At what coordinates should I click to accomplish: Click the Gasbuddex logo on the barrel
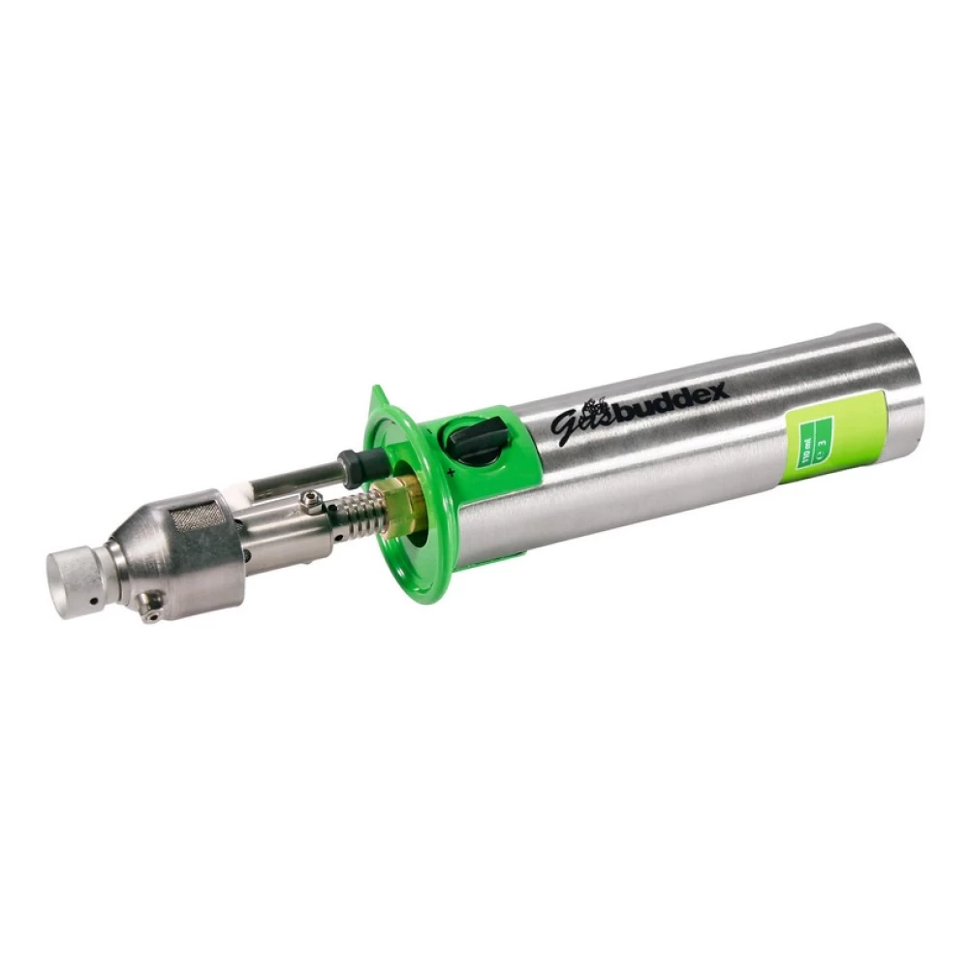[x=639, y=407]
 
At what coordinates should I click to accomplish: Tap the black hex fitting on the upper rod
[x=353, y=464]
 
